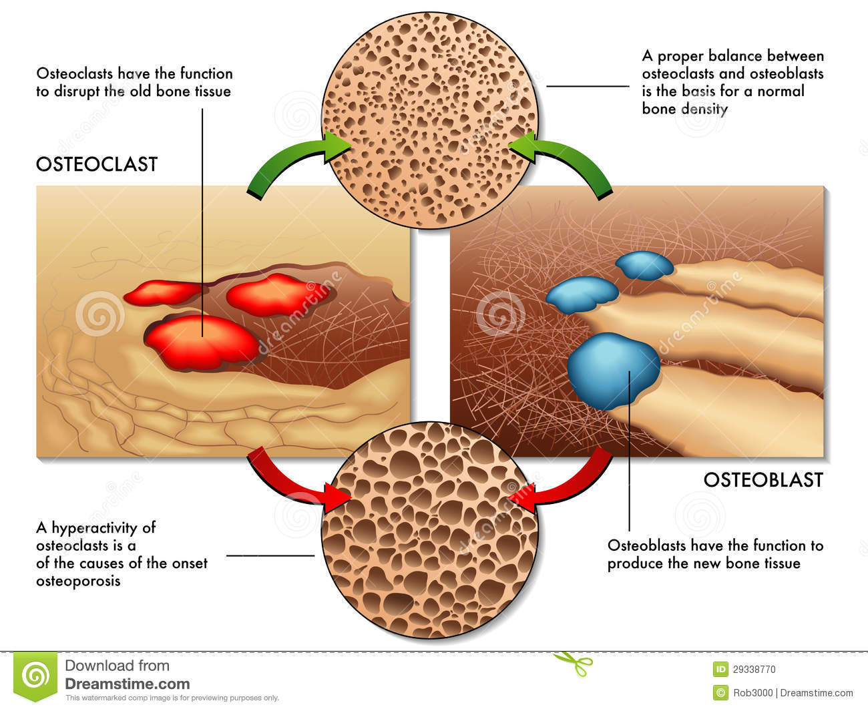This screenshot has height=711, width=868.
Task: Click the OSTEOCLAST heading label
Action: click(x=97, y=164)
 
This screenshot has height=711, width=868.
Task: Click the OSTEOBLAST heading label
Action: click(x=763, y=480)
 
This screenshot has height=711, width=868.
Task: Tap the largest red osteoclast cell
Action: click(x=202, y=341)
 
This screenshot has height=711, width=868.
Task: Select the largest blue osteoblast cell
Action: click(x=612, y=370)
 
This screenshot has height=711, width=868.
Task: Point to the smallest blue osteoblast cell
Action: click(x=644, y=264)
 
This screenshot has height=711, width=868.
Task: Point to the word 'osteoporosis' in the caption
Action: click(x=78, y=581)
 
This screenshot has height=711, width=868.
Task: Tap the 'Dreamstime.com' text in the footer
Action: click(x=128, y=684)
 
